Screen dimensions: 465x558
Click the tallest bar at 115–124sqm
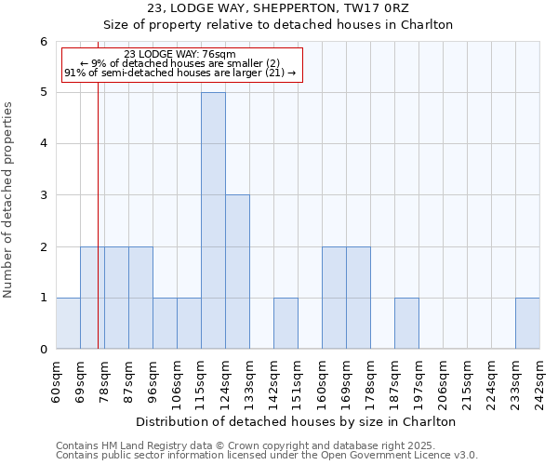click(x=213, y=220)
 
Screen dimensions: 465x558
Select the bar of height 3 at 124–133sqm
click(x=237, y=272)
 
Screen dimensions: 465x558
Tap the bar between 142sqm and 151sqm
click(x=286, y=323)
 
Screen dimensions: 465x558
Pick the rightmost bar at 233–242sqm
click(x=527, y=323)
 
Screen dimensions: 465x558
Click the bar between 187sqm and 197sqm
click(x=406, y=323)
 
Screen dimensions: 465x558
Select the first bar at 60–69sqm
click(x=68, y=323)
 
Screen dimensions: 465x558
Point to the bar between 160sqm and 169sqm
click(x=334, y=298)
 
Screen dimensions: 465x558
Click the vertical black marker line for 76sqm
click(x=98, y=186)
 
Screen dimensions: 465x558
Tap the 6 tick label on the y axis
click(x=43, y=41)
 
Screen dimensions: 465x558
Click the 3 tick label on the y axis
click(x=43, y=195)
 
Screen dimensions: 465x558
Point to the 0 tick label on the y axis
click(x=43, y=349)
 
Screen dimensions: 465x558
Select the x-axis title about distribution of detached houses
click(x=296, y=421)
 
